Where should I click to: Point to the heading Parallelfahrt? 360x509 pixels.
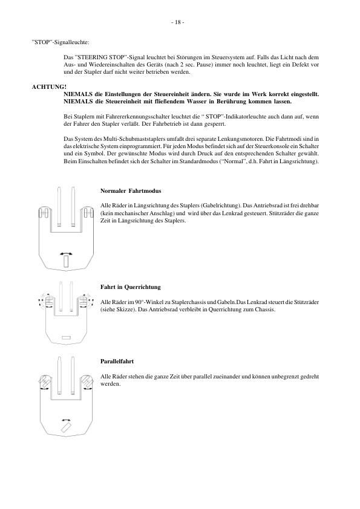pyautogui.click(x=117, y=361)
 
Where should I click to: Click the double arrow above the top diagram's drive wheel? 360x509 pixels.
pyautogui.click(x=65, y=252)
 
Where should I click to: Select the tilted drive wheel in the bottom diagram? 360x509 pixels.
pyautogui.click(x=66, y=427)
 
